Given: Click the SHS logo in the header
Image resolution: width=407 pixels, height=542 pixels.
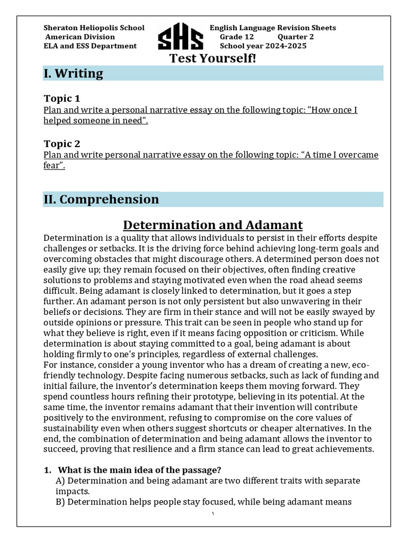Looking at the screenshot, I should click(180, 37).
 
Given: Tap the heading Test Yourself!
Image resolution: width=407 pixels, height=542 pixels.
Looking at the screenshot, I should click(212, 58).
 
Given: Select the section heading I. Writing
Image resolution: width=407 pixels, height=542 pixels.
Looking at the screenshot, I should click(73, 74).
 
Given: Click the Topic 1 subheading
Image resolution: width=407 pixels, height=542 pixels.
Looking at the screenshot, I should click(61, 98).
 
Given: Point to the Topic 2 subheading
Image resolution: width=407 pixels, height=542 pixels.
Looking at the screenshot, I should click(61, 143).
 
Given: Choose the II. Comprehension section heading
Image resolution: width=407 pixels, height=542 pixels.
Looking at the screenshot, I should click(101, 200).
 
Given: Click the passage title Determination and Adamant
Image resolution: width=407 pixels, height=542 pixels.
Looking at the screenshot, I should click(213, 225).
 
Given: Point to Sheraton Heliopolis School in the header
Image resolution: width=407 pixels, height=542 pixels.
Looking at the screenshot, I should click(94, 28).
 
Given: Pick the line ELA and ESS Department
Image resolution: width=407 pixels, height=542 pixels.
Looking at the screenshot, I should click(90, 46).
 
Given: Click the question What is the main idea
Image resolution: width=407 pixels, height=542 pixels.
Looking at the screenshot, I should click(139, 470).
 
